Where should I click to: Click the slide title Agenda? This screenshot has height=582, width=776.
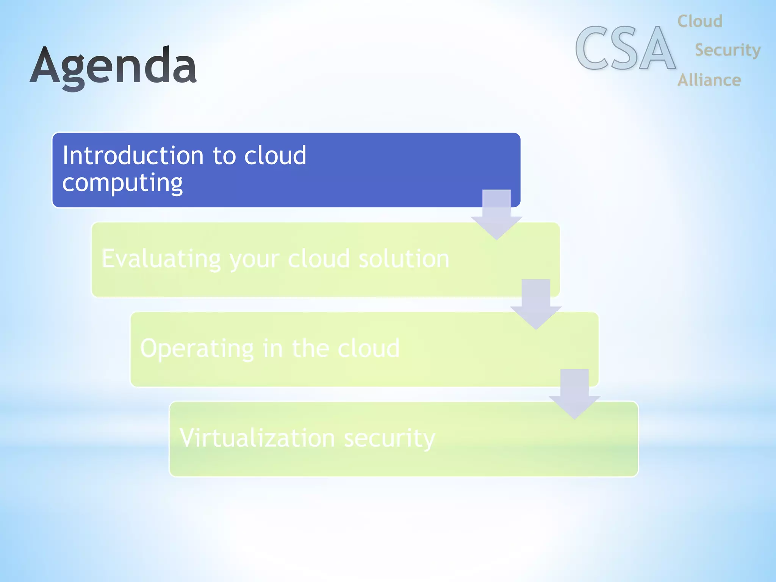pos(113,66)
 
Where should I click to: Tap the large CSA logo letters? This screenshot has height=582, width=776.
pos(625,48)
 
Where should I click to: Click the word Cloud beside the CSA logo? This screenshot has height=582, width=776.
pos(700,21)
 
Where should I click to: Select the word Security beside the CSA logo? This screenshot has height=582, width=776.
pos(727,50)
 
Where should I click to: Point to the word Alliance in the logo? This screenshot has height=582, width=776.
pos(709,80)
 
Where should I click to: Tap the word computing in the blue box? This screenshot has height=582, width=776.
pos(122,183)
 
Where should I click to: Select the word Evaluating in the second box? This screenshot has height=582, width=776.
pos(161,259)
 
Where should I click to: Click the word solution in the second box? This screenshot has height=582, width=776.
pos(404,259)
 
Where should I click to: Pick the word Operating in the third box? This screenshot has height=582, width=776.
pos(197,349)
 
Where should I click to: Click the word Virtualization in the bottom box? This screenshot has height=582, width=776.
pos(257,438)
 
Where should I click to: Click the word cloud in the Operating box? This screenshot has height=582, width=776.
pos(368,349)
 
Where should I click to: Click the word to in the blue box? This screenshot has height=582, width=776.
pos(224,156)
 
